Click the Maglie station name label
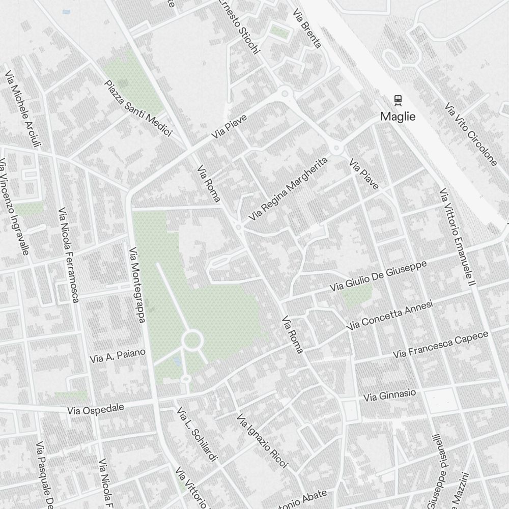click(398, 117)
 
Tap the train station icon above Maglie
click(398, 100)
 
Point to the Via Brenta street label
click(307, 29)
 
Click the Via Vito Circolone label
click(470, 134)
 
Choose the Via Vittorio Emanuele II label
click(457, 237)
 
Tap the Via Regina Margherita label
click(288, 189)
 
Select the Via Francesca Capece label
click(441, 344)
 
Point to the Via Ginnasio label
click(389, 395)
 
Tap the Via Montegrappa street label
click(137, 285)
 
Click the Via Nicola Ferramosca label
click(69, 254)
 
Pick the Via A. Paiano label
click(118, 356)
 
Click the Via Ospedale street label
click(96, 409)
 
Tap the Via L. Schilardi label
click(197, 435)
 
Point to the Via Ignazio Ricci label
click(262, 441)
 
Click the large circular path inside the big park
click(193, 341)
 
